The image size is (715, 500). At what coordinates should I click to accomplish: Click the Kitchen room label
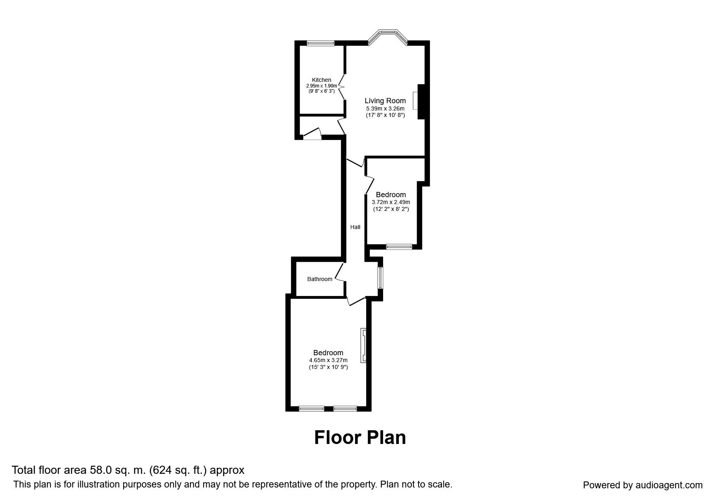tap(321, 80)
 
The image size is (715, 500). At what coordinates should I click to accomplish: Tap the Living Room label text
tap(385, 101)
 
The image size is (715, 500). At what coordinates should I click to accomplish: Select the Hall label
tap(355, 227)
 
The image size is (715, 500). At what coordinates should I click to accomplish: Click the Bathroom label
tap(320, 279)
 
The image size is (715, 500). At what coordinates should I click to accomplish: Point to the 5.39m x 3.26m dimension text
tap(385, 108)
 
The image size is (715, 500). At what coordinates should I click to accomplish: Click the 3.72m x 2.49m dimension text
tap(391, 202)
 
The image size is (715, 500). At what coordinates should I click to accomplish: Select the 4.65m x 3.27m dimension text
tap(328, 360)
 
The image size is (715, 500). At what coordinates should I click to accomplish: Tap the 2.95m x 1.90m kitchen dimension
tap(321, 86)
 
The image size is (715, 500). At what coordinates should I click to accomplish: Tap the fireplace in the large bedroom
tap(364, 345)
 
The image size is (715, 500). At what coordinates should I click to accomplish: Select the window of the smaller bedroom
tap(399, 247)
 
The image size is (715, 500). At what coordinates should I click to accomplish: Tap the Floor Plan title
tap(360, 437)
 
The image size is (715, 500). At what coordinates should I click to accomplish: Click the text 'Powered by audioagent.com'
tap(643, 485)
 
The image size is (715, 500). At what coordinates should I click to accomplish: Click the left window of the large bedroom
tap(311, 409)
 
